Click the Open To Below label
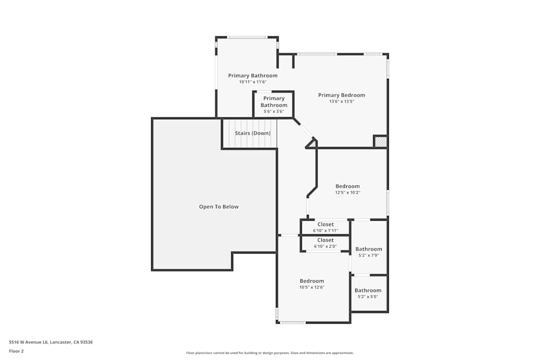tap(219, 207)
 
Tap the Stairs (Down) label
tap(252, 133)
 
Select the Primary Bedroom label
tap(341, 95)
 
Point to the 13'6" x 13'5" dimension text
tap(341, 101)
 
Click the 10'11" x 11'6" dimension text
tap(253, 82)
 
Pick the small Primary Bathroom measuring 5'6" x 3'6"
tap(274, 105)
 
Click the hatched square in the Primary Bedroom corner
tap(381, 141)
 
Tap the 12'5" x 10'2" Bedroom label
tap(347, 186)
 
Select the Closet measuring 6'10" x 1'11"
tap(325, 227)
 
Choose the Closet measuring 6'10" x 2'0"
tap(325, 243)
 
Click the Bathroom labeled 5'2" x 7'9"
tap(368, 252)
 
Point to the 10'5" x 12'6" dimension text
tap(312, 288)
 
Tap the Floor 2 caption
tap(16, 351)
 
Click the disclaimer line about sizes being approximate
tap(285, 353)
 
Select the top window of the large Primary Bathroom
tap(247, 37)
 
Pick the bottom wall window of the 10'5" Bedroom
tap(293, 323)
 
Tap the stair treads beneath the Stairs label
tap(249, 142)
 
